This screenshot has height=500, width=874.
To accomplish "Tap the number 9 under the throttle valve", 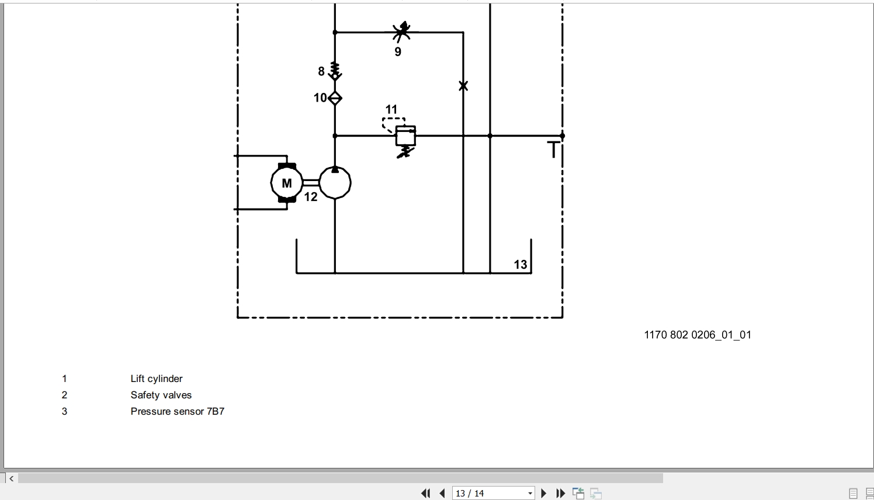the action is coord(398,51).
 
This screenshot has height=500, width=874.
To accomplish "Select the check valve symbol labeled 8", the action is coord(335,71).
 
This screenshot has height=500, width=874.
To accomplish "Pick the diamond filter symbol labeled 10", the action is coord(335,98).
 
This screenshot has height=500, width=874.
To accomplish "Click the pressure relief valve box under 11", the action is coord(405,136).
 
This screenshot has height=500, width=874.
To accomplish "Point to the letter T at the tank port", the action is coord(553,150).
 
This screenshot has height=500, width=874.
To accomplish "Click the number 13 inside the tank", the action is coord(521,265).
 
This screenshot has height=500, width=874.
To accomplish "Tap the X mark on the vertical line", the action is coord(463,86).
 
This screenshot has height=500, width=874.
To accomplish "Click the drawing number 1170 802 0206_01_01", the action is coord(697,335).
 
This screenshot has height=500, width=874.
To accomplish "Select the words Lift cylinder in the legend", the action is coord(157,379).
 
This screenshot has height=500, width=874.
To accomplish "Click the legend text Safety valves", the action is coord(161,395).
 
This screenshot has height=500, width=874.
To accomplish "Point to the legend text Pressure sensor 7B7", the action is coord(178,411).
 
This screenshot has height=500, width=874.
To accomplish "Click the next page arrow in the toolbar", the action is coord(543,494).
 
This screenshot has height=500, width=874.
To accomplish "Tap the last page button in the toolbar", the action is coord(560,494).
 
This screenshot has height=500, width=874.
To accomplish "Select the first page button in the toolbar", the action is coord(425,494).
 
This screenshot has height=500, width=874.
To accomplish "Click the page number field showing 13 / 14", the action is coord(493,494).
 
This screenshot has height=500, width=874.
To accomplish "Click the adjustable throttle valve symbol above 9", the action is coord(401,32).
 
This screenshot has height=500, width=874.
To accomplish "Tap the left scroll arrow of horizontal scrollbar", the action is coord(11,478).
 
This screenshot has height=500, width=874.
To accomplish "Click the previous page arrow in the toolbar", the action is coord(442,494).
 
